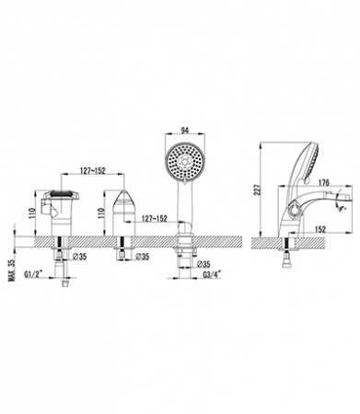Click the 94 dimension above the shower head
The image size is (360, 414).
tap(184, 130)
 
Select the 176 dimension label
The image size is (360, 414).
tap(323, 183)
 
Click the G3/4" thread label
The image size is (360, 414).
tap(212, 275)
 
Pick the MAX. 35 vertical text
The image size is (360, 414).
tap(12, 270)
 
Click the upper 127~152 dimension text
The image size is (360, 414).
tap(93, 171)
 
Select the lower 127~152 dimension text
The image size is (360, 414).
tap(155, 219)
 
